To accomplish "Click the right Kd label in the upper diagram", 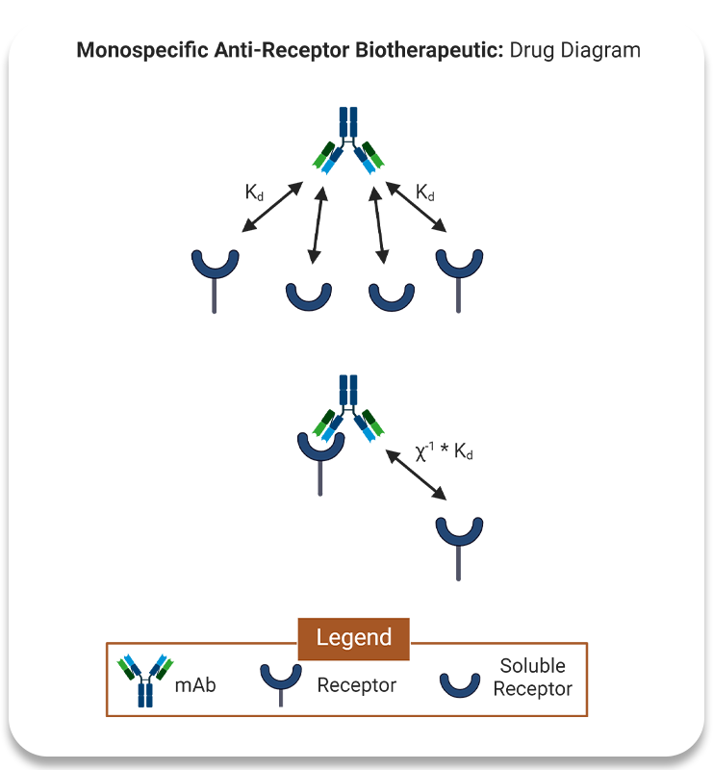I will coord(425,192).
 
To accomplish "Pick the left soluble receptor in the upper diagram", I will coord(309,295).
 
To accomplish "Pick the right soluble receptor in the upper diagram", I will coord(392,295).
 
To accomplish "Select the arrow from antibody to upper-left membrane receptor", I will coord(273,207).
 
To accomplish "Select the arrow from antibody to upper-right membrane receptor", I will coord(415,207).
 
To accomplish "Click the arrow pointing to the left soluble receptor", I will coord(318,224).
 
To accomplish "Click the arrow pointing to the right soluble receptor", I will coord(379,224).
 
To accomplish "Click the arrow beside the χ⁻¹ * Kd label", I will coord(416,474).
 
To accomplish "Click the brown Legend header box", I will coord(354,637).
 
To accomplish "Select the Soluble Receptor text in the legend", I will coord(533,677).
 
